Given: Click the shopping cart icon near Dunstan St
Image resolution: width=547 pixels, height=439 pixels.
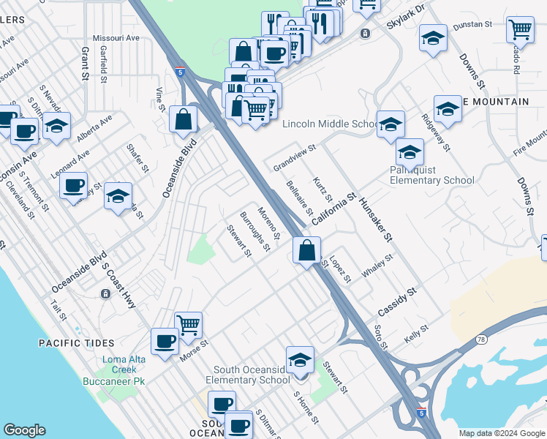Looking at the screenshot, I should [x=519, y=30].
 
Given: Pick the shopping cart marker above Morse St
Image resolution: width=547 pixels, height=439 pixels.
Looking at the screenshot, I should [x=188, y=323].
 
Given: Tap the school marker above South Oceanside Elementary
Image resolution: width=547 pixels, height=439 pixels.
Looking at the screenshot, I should [x=300, y=359].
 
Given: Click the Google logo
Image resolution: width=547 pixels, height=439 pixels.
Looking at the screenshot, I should [x=24, y=430].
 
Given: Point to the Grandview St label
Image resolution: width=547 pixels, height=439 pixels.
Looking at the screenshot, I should [x=294, y=158].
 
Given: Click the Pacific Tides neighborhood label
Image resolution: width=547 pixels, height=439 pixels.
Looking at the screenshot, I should [x=76, y=342].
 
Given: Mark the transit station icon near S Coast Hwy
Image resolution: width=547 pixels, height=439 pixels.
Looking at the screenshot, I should [x=106, y=293].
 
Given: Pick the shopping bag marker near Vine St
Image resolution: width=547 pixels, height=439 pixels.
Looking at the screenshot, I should [x=183, y=119].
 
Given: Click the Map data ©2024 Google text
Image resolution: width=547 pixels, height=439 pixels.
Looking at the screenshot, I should [x=501, y=433].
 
